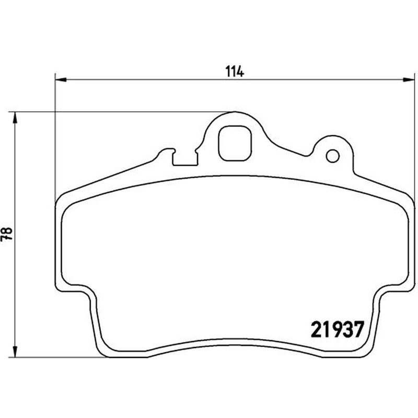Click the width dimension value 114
[x=234, y=72]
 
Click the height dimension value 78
[x=7, y=234]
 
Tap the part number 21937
[x=337, y=329]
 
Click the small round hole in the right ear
[x=333, y=156]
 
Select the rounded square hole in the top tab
[x=235, y=143]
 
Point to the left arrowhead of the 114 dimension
[x=61, y=79]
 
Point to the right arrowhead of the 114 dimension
[x=409, y=79]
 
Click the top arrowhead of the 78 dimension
[x=15, y=118]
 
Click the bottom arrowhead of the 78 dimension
[x=15, y=351]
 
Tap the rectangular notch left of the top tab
[x=185, y=159]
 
